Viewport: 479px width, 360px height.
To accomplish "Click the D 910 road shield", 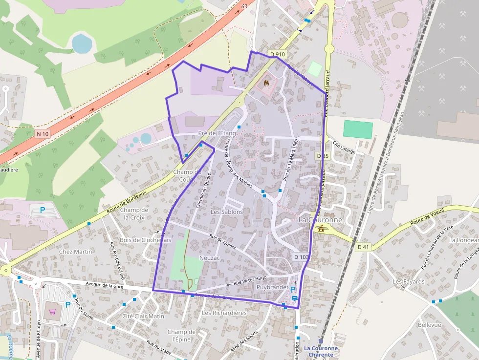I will [x=277, y=54].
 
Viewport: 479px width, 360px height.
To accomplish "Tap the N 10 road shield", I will [x=43, y=134].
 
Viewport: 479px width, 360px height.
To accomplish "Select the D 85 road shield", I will [x=323, y=156].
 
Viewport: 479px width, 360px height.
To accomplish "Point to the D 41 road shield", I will [x=363, y=247].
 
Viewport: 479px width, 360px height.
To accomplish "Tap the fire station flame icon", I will [x=266, y=83].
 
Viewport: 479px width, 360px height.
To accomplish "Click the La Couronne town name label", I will [x=321, y=220].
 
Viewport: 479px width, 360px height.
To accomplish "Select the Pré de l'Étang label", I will [x=217, y=133].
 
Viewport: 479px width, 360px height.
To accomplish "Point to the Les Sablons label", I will [x=227, y=212].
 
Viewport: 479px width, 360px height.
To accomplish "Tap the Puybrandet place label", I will [x=272, y=287].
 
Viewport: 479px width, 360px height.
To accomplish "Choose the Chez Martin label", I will [x=75, y=252].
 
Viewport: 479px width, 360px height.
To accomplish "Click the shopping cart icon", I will [x=52, y=311].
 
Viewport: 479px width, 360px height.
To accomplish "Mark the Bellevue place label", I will [x=429, y=325].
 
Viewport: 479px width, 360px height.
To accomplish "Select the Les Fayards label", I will [x=409, y=282].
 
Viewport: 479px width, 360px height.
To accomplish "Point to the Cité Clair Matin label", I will [x=143, y=316].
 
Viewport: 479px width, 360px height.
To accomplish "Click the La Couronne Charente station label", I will [x=321, y=351].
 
